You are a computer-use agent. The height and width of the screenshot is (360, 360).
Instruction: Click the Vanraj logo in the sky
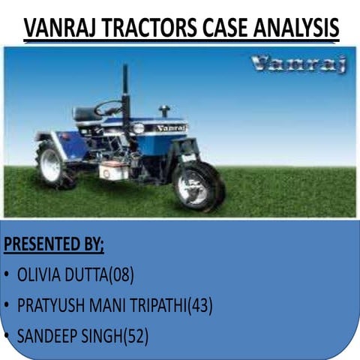pos(299,65)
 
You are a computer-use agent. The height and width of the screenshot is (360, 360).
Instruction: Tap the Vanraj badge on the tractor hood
pos(172,128)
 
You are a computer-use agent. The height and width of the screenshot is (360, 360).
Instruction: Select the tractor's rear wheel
pos(53,165)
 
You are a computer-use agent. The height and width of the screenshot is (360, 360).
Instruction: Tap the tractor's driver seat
pos(86,115)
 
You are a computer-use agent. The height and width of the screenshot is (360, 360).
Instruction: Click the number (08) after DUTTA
pos(121,275)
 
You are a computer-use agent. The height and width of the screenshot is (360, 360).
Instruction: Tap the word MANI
pos(113,306)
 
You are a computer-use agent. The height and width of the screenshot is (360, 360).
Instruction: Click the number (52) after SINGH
pos(135,337)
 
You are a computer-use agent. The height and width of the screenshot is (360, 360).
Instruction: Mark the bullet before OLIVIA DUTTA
pos(7,276)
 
